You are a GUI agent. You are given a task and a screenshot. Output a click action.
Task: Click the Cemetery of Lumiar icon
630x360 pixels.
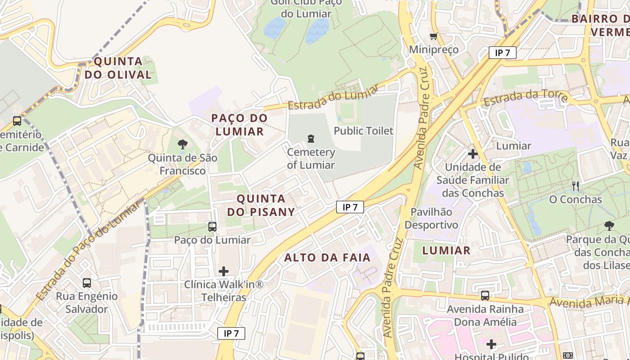click(310, 139)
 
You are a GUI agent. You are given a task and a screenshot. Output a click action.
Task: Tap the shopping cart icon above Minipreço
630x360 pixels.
click(433, 36)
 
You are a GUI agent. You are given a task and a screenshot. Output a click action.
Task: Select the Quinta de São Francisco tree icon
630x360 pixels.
click(183, 144)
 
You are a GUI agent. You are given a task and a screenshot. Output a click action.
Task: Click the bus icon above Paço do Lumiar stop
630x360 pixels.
click(212, 227)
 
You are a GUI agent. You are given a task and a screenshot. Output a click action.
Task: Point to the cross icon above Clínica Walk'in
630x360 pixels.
click(224, 271)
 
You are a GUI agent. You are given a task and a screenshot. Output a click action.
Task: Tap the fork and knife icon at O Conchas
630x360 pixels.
click(575, 186)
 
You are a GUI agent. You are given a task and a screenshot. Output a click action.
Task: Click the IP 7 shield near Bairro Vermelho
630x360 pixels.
click(502, 53)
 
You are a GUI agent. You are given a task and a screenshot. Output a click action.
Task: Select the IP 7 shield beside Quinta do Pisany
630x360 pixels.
click(350, 207)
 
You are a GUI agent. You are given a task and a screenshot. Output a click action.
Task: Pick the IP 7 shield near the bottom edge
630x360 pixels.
click(231, 333)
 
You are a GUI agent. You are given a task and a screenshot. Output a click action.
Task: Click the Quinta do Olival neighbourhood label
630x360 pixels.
click(118, 68)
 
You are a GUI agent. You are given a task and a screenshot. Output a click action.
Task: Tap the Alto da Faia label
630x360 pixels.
click(328, 258)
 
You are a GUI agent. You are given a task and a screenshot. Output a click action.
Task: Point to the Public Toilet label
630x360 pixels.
click(364, 131)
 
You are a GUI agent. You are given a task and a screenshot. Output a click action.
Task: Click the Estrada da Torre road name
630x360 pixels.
click(525, 98)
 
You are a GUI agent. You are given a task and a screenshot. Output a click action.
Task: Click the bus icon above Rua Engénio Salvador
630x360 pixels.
click(87, 283)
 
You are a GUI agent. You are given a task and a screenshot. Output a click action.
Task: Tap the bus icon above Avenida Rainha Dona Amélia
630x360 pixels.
click(485, 296)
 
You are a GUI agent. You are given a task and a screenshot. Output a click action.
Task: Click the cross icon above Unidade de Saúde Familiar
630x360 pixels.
click(472, 154)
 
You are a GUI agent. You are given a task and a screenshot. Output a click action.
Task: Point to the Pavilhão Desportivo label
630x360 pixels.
click(432, 218)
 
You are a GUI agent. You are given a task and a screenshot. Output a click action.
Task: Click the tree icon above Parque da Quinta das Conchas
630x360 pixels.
click(609, 226)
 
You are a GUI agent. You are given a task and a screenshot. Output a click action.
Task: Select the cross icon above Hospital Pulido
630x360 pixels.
click(491, 345)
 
